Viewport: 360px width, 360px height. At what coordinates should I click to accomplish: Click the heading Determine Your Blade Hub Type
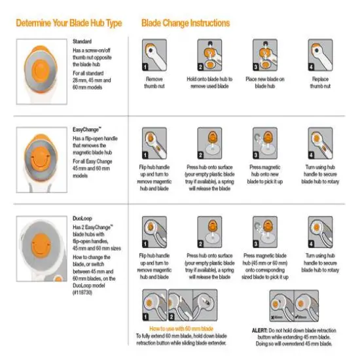[68, 23]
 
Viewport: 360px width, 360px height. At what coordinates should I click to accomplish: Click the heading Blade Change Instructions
[185, 23]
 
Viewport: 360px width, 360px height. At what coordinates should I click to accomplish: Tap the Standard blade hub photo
[39, 64]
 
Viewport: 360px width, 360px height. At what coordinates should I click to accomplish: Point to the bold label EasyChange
[86, 131]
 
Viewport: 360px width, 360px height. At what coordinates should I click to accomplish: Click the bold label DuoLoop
[84, 219]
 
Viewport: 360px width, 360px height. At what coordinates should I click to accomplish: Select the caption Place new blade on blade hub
[266, 82]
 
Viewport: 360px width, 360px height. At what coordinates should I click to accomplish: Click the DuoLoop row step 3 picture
[266, 234]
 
